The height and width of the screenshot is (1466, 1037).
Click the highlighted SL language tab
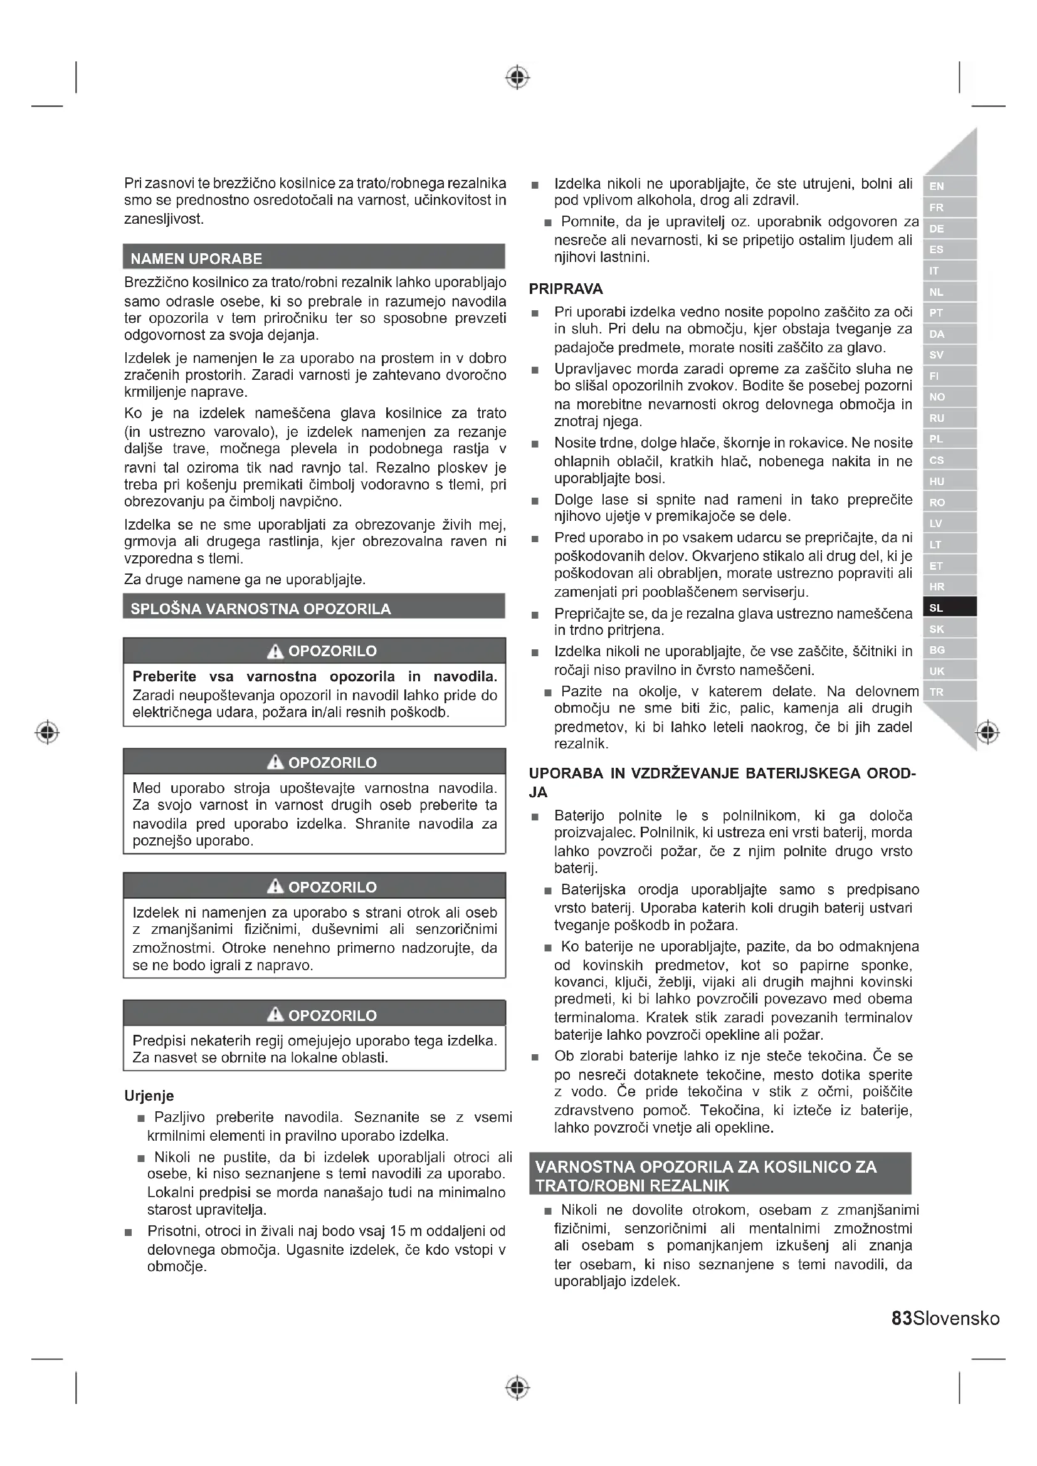coord(949,607)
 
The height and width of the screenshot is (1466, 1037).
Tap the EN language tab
coord(949,186)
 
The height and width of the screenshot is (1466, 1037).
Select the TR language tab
coord(949,691)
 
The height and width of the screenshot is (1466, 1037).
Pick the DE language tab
coord(949,229)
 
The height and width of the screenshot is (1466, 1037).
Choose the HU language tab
coord(949,481)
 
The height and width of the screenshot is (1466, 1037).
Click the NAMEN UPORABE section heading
coord(196,259)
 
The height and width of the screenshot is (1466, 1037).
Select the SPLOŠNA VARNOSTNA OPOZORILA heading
coord(261,608)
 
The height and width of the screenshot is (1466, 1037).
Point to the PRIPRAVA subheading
coord(566,288)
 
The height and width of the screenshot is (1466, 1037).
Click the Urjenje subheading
coord(149,1096)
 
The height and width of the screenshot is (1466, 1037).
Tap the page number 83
coord(901,1318)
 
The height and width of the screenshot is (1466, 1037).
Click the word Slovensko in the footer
coord(956,1318)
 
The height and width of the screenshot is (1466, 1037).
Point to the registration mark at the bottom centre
coord(517,1387)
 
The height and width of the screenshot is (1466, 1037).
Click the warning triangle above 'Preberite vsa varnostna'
coord(275,651)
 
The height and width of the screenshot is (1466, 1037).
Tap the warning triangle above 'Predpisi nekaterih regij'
coord(275,1015)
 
